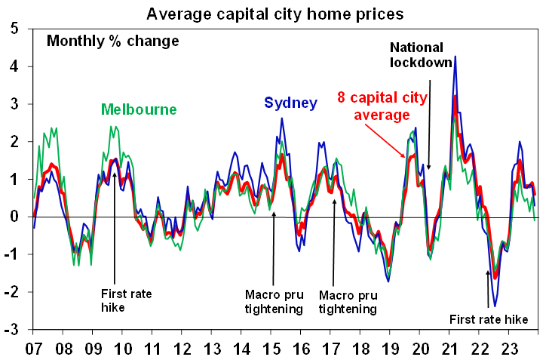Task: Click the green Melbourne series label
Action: pos(138,109)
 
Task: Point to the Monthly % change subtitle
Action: pos(112,41)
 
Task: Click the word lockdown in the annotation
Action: pos(420,63)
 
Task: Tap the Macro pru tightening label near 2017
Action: pos(348,301)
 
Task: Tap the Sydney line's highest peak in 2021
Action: pos(455,57)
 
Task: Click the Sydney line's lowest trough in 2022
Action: pos(494,306)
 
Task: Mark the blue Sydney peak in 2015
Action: pos(282,118)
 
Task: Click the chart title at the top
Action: pos(276,14)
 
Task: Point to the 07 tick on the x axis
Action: pos(34,351)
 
